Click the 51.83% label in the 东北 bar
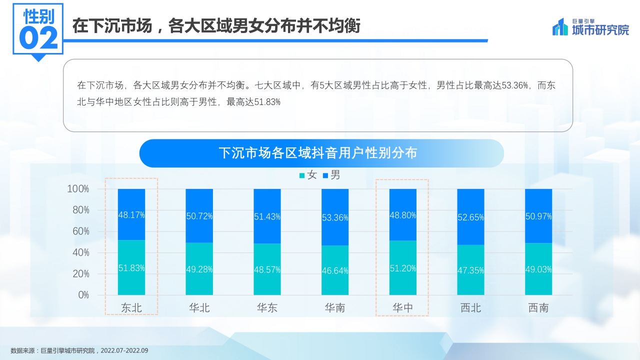pyautogui.click(x=131, y=268)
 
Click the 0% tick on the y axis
pyautogui.click(x=83, y=295)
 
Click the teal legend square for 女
pyautogui.click(x=301, y=175)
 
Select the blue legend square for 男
pyautogui.click(x=325, y=175)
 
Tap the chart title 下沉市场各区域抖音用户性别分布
pyautogui.click(x=318, y=153)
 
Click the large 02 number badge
pyautogui.click(x=38, y=38)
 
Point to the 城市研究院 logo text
pyautogui.click(x=600, y=30)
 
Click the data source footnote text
pyautogui.click(x=79, y=350)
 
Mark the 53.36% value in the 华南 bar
pyautogui.click(x=335, y=218)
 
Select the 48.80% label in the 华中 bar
pyautogui.click(x=403, y=215)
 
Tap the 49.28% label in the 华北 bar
pyautogui.click(x=199, y=269)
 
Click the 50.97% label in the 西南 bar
pyautogui.click(x=538, y=216)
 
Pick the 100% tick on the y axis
pyautogui.click(x=78, y=189)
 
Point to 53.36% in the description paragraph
pyautogui.click(x=515, y=85)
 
